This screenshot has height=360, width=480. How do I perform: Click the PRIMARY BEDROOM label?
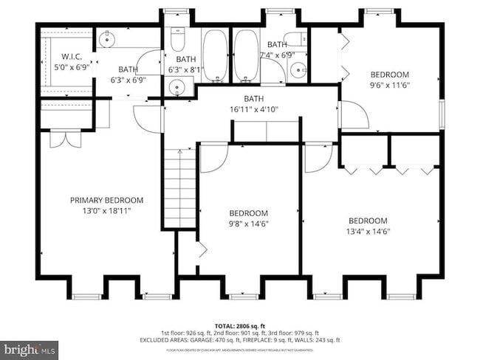106,200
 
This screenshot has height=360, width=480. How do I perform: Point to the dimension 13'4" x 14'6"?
368,231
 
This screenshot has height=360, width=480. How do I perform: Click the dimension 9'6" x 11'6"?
389,85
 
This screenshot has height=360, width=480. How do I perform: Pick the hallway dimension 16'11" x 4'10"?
253,109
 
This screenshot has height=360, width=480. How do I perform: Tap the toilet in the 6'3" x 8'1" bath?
177,38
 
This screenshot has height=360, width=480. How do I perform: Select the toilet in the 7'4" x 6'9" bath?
296,40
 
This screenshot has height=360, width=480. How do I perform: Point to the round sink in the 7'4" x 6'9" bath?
298,71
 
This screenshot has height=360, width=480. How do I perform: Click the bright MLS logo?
30,347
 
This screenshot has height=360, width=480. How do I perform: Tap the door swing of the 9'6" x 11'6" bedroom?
352,114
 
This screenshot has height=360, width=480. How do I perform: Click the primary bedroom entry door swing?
150,119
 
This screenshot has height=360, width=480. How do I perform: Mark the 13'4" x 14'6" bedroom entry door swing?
318,156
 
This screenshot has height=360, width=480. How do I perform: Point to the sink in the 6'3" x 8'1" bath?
177,87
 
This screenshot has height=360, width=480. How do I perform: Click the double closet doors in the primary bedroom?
64,139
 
